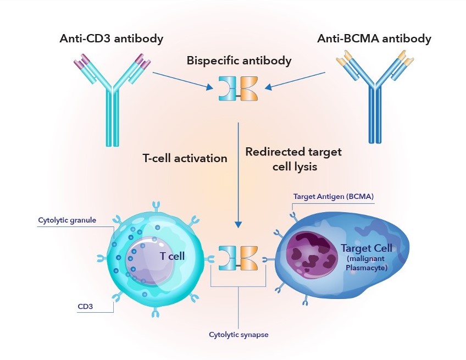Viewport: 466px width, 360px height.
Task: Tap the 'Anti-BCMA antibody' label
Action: (x=374, y=39)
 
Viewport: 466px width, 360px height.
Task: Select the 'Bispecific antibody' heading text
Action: (x=238, y=60)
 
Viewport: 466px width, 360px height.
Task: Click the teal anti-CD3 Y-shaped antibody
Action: (x=112, y=104)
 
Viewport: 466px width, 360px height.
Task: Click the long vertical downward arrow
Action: (x=238, y=176)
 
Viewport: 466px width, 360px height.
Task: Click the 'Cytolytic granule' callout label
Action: (x=67, y=220)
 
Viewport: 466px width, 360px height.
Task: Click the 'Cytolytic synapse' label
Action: (x=238, y=334)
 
